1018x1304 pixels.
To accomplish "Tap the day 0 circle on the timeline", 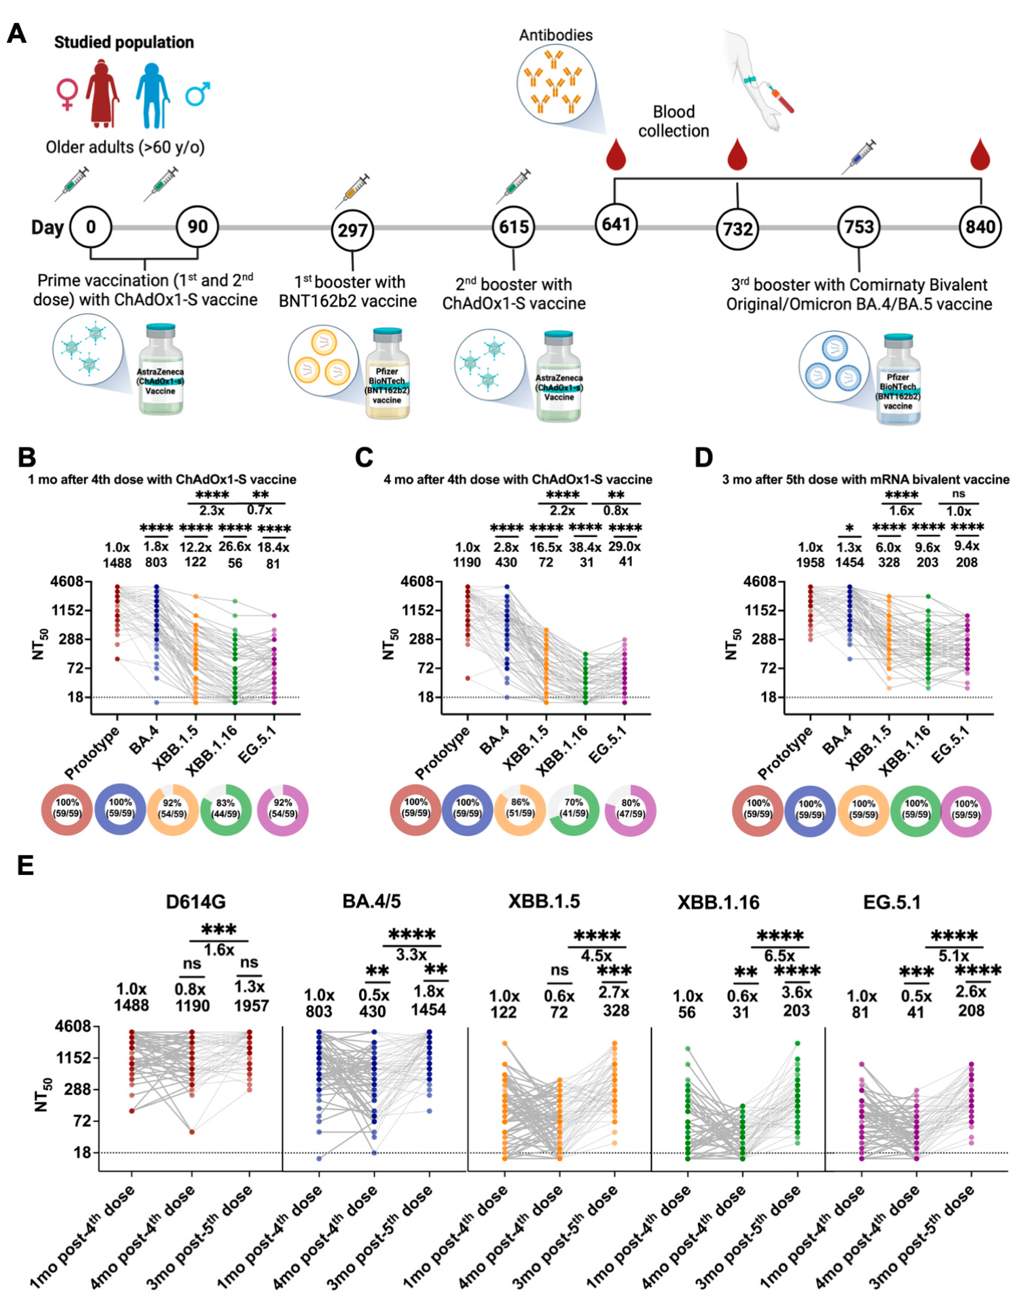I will tap(91, 227).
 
